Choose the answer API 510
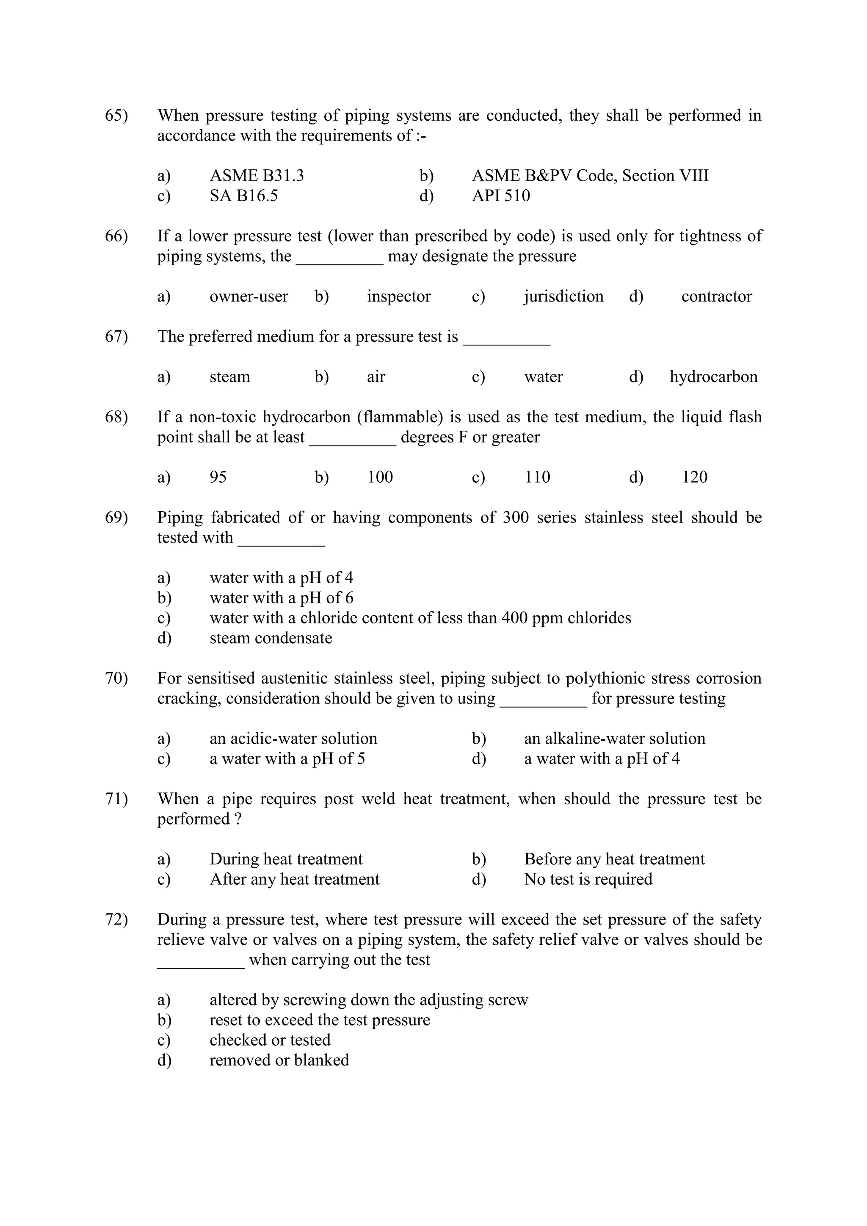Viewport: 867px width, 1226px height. (x=501, y=196)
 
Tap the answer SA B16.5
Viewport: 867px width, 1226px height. (x=243, y=196)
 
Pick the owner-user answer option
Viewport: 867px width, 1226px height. (x=249, y=296)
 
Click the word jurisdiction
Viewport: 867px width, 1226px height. (x=563, y=296)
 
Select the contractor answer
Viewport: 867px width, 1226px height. (x=716, y=296)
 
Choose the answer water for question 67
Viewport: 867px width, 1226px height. (x=544, y=377)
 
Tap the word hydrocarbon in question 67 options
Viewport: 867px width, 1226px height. (x=714, y=377)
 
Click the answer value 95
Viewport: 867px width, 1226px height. (x=218, y=477)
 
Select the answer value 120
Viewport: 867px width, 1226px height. (x=695, y=477)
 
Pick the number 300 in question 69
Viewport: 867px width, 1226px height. (x=516, y=518)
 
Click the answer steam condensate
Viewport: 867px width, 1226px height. (x=271, y=638)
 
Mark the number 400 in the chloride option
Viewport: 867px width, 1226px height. (x=515, y=618)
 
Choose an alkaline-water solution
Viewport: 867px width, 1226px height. (x=615, y=739)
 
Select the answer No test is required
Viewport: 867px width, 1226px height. (x=588, y=879)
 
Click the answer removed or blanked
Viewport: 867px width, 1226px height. (x=279, y=1060)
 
